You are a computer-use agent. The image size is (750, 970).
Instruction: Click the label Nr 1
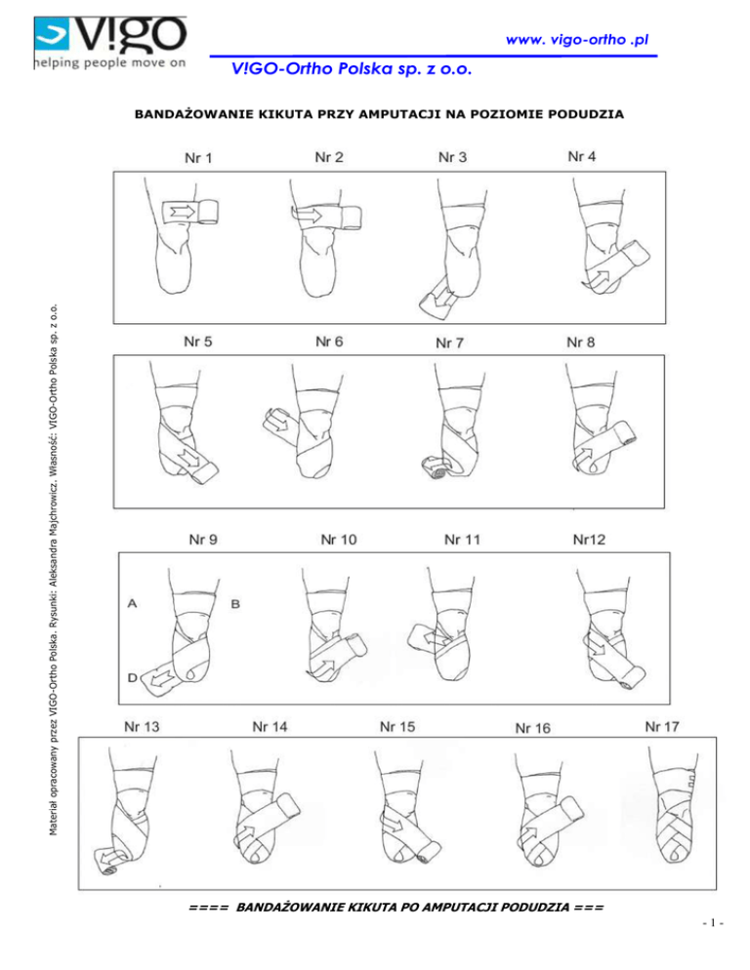point(201,158)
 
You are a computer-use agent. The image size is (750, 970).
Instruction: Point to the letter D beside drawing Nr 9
point(132,675)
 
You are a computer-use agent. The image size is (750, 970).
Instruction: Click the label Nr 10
point(339,538)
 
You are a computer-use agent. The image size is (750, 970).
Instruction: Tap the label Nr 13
point(143,726)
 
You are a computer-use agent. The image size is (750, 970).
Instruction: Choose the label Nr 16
point(532,728)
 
